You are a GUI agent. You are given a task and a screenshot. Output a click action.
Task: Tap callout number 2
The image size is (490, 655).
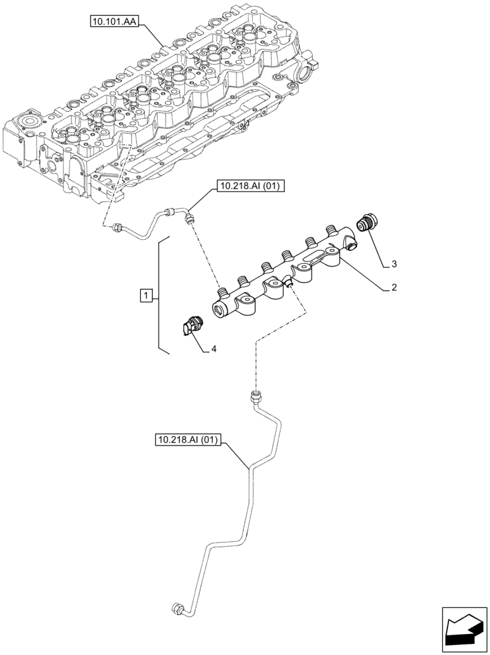tap(394, 287)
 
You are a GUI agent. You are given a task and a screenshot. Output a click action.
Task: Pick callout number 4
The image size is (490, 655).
tap(214, 350)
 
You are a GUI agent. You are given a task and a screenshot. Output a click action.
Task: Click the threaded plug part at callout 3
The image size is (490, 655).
tap(365, 223)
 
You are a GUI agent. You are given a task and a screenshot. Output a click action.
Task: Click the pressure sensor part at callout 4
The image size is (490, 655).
tap(191, 326)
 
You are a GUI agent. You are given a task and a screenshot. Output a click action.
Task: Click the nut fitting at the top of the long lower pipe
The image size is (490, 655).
tap(255, 396)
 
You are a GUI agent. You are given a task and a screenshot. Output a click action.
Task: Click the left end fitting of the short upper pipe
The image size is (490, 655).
tap(118, 226)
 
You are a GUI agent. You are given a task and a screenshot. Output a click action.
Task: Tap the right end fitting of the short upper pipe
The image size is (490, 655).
tap(191, 217)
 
